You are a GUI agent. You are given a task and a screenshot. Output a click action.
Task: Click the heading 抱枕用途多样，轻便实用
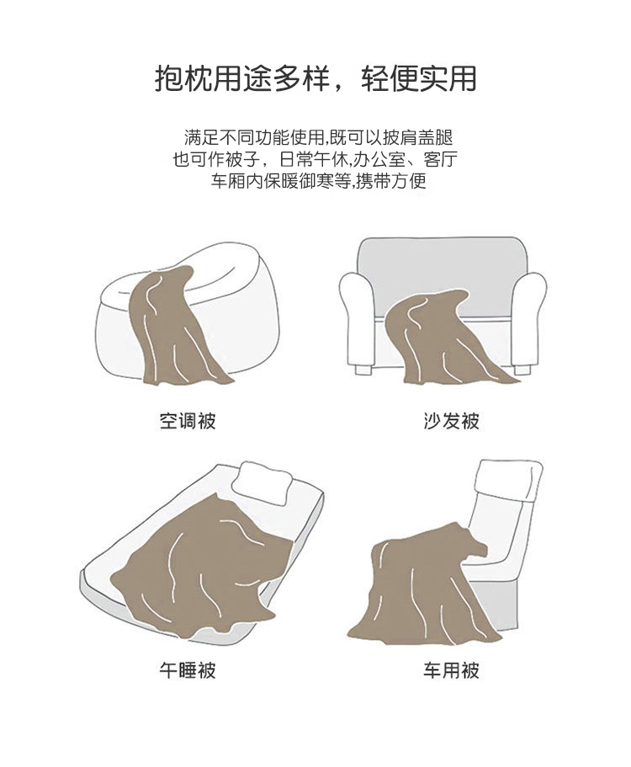pyautogui.click(x=315, y=79)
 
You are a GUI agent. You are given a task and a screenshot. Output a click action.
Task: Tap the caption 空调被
pyautogui.click(x=188, y=421)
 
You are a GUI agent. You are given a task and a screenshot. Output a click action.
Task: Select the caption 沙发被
pyautogui.click(x=451, y=421)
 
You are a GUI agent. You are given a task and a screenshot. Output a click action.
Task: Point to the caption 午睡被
pyautogui.click(x=188, y=669)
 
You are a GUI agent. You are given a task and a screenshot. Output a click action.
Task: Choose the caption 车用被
pyautogui.click(x=451, y=669)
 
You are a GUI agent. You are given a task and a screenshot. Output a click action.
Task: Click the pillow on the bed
pyautogui.click(x=262, y=482)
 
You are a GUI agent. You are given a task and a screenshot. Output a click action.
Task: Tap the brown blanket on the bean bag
pyautogui.click(x=173, y=328)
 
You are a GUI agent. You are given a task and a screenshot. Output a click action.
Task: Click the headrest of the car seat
pyautogui.click(x=508, y=479)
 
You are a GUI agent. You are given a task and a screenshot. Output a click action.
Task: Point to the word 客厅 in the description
pyautogui.click(x=441, y=159)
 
